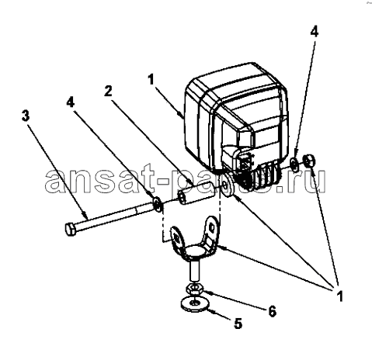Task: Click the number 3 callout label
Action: coord(26,116)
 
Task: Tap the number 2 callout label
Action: coord(108,91)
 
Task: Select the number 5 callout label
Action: coord(238,324)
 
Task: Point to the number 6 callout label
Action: coord(272,311)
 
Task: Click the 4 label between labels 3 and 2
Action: coord(70,102)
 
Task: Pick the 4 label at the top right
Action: coord(314,31)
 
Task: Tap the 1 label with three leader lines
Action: coord(339,296)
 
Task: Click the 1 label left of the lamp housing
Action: coord(151,79)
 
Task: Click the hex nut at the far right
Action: coord(309,161)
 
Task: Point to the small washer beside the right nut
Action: coord(294,164)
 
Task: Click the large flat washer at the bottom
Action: coord(194,303)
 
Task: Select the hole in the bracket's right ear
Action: coord(212,227)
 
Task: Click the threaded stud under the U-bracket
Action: coord(194,270)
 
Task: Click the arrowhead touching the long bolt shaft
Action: coord(85,214)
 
